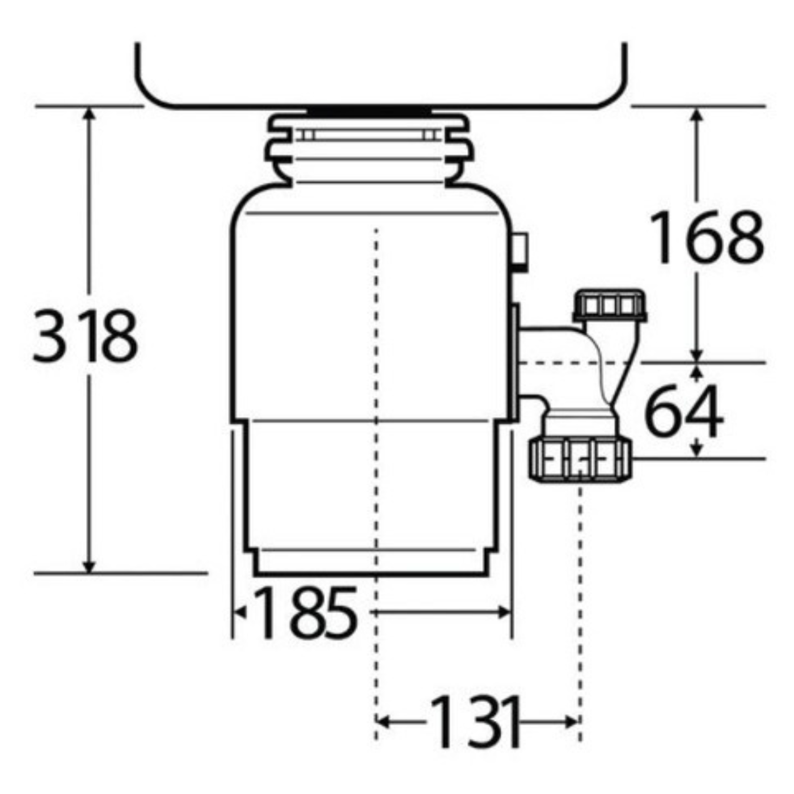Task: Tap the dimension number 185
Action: pyautogui.click(x=305, y=613)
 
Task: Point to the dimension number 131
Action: pyautogui.click(x=475, y=721)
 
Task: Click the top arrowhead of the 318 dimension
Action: pyautogui.click(x=88, y=113)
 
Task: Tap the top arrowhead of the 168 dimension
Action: pyautogui.click(x=698, y=113)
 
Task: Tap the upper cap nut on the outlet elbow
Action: pyautogui.click(x=610, y=306)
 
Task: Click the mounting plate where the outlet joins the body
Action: pyautogui.click(x=515, y=363)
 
